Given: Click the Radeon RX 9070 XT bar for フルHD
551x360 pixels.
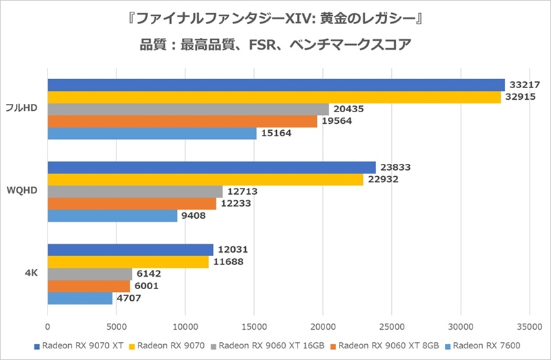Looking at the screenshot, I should point(275,85).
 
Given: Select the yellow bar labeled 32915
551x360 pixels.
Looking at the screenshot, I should point(274,97).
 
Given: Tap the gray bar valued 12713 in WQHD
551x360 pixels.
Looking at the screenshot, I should point(135,191).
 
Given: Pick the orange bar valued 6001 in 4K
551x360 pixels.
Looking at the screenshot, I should point(89,286).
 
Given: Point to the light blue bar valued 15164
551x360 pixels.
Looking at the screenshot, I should point(152,134).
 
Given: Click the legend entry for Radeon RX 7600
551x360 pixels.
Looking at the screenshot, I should point(486,346).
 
